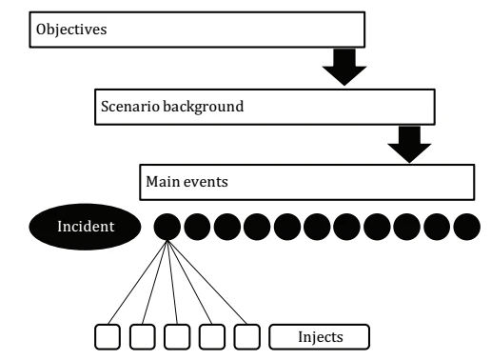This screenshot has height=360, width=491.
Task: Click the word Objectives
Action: [x=71, y=30]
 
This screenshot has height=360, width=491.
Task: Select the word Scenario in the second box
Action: [x=130, y=106]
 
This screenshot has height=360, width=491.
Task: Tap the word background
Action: [x=204, y=107]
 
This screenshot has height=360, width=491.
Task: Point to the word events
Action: [x=206, y=182]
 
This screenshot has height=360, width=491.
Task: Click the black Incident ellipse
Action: [x=85, y=227]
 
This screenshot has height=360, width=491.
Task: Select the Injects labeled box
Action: [x=320, y=337]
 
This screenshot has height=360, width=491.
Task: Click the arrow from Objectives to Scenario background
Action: [x=344, y=67]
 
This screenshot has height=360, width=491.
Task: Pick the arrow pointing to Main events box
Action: [x=409, y=144]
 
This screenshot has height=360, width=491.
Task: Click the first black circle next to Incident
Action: [x=167, y=227]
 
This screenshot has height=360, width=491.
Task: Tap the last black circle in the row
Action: [x=467, y=227]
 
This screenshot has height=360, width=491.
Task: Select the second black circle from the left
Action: [x=197, y=227]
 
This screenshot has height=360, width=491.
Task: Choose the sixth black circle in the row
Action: [x=317, y=227]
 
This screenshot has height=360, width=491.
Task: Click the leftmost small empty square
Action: [x=108, y=337]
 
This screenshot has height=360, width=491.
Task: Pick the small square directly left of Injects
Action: [x=247, y=337]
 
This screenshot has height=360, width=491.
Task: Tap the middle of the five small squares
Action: [x=177, y=337]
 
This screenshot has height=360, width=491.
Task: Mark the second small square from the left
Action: [x=143, y=337]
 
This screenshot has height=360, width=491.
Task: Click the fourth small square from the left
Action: [x=212, y=337]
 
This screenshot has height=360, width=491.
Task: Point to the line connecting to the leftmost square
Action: [x=138, y=282]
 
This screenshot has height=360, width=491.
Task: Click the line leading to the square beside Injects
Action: [x=207, y=282]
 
